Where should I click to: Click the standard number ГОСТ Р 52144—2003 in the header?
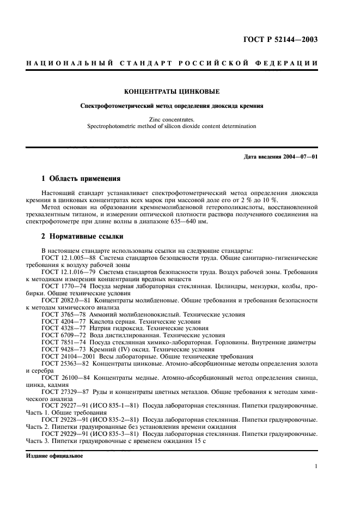pos(280,39)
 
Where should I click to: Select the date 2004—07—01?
pos(299,157)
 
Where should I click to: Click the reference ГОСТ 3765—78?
pos(62,314)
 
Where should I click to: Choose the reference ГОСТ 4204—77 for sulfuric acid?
pos(62,321)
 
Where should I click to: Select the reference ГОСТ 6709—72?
pos(62,336)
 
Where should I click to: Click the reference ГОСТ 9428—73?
pos(62,350)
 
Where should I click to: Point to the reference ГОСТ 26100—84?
pos(65,377)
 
